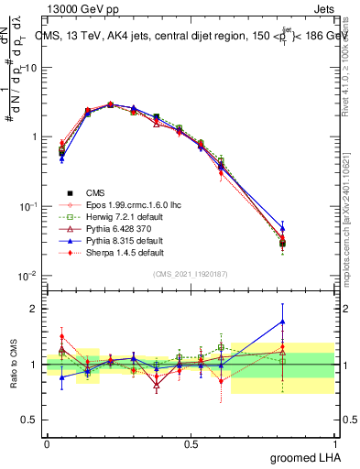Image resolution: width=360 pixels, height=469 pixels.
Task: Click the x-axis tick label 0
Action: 46,444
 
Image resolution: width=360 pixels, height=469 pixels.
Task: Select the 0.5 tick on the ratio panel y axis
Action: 30,420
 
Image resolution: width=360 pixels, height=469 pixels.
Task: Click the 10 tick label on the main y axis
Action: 30,68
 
